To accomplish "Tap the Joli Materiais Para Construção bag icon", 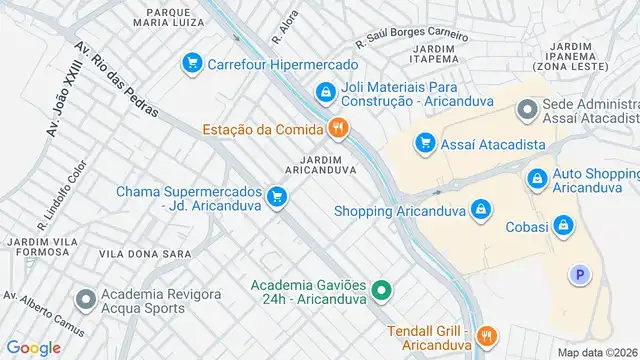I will pyautogui.click(x=325, y=94).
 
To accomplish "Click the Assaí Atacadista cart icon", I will pyautogui.click(x=425, y=144).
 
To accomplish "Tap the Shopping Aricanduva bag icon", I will pyautogui.click(x=481, y=209).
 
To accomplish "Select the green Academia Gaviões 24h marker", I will pyautogui.click(x=380, y=292).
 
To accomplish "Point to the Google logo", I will pyautogui.click(x=33, y=347).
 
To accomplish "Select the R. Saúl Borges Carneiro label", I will pyautogui.click(x=412, y=39).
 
